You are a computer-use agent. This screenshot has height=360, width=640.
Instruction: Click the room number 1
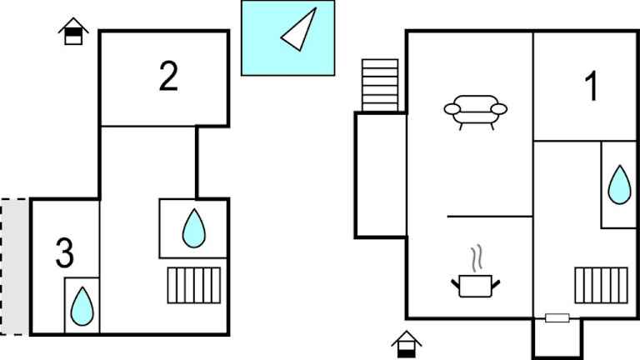tap(592, 86)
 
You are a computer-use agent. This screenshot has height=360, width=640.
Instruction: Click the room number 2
tap(168, 77)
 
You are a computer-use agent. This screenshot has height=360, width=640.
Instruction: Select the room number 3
tap(64, 253)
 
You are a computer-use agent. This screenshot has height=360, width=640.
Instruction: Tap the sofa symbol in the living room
tap(476, 112)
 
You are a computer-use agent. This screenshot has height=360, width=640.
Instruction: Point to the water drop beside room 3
tap(82, 306)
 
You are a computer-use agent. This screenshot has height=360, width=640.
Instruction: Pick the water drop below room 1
tap(619, 184)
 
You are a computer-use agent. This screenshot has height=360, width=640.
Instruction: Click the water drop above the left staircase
tap(194, 228)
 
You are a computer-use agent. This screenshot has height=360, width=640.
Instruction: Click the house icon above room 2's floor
tap(73, 31)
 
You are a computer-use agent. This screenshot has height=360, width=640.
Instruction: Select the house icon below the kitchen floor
tap(406, 344)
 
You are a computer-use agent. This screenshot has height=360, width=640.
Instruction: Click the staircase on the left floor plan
tap(194, 285)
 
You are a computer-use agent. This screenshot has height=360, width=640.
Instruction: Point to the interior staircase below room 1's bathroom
tap(601, 285)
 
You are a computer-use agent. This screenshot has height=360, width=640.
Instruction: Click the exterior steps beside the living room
tap(380, 85)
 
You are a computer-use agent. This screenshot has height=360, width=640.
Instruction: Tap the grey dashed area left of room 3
tap(15, 267)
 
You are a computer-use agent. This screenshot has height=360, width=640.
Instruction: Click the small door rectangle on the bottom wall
tap(557, 318)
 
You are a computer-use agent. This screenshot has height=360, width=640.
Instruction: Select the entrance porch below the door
tap(557, 338)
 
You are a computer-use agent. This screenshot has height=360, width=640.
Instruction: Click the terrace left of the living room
tap(380, 175)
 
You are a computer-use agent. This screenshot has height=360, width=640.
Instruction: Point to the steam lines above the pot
tap(477, 258)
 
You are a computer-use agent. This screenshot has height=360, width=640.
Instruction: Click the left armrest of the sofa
tap(452, 109)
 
